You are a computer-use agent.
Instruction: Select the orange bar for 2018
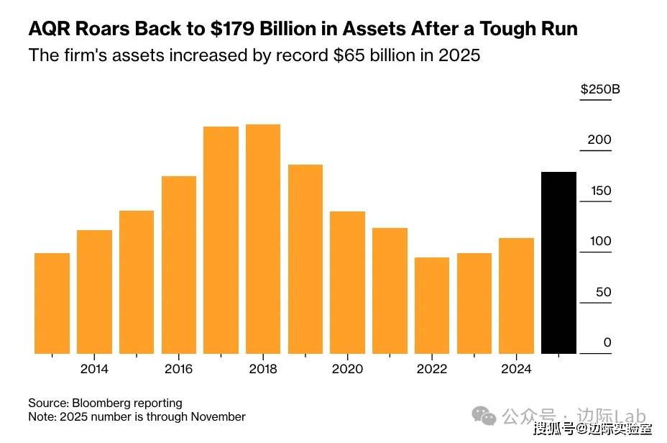(263, 239)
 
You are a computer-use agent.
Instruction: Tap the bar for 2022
(432, 305)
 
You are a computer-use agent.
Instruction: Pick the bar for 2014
(94, 291)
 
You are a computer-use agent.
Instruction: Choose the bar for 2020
(348, 282)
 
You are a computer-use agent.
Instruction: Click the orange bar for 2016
(179, 265)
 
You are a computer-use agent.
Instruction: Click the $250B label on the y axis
(600, 90)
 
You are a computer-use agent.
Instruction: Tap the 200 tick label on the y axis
(599, 140)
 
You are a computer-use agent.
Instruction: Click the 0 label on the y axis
(607, 342)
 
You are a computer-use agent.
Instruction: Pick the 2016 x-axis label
(179, 369)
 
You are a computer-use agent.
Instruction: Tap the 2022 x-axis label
(432, 369)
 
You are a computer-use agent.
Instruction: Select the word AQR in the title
(50, 29)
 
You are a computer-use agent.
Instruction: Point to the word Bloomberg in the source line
(101, 403)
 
